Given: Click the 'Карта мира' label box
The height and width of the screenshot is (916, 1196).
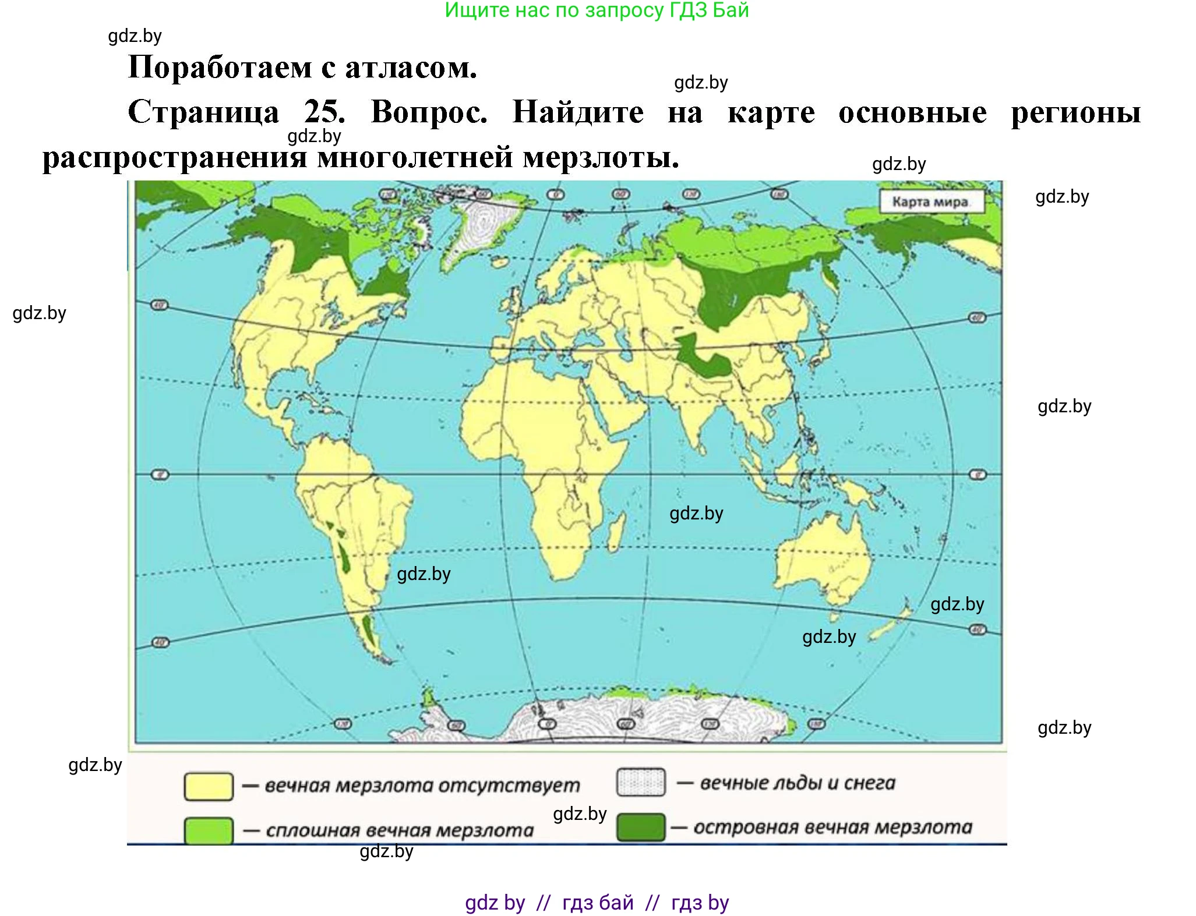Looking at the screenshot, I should tap(930, 202).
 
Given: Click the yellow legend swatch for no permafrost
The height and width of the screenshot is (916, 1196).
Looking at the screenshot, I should tap(209, 786).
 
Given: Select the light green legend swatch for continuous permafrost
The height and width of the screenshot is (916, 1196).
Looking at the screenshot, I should tap(209, 830).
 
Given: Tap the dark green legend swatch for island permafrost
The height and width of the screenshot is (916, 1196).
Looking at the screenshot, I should tap(640, 827).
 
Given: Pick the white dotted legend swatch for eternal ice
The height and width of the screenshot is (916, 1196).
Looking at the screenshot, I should tap(640, 782).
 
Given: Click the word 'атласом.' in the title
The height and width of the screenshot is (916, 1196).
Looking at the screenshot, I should tap(411, 68).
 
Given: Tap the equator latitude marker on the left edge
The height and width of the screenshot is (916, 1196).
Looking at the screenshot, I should tap(160, 475).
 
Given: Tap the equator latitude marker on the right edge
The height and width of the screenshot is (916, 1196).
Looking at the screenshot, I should tap(978, 475).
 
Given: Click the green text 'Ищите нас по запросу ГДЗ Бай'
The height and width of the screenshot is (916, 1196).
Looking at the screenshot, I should tap(597, 10).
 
